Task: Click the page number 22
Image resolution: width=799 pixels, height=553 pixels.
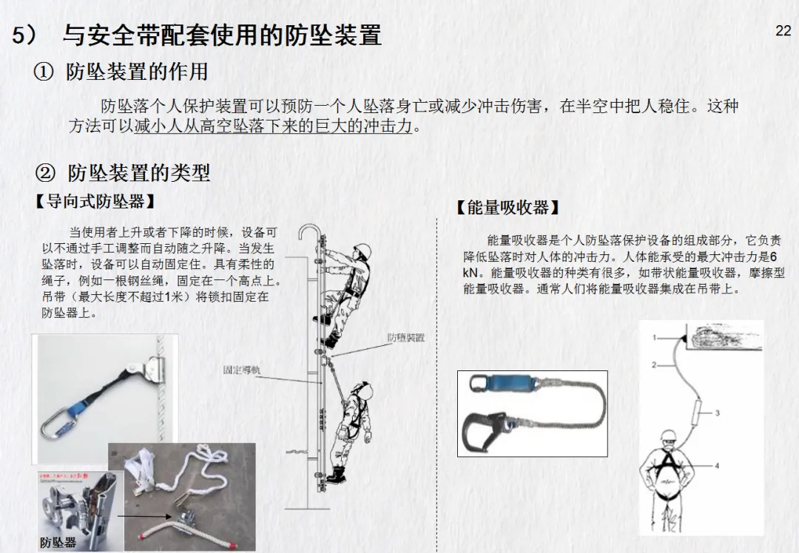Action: point(783,31)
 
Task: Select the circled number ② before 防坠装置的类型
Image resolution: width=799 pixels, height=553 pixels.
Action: point(45,174)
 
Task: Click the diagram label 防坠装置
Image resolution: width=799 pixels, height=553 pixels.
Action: point(406,338)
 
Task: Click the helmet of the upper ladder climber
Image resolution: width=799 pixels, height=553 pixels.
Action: point(362,250)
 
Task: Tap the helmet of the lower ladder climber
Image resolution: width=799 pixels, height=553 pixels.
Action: point(362,387)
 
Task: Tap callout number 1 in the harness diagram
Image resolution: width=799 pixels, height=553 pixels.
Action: point(655,338)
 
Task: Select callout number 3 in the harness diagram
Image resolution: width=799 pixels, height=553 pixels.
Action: point(717,413)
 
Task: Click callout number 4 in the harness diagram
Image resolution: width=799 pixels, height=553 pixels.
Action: point(717,466)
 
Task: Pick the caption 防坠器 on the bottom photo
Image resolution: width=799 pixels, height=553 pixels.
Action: point(58,543)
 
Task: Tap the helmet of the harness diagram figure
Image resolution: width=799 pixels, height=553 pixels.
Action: point(670,435)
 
